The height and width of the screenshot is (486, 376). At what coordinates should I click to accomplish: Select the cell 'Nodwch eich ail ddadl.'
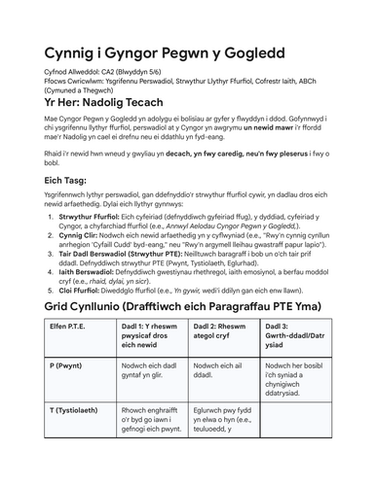(x=220, y=399)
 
